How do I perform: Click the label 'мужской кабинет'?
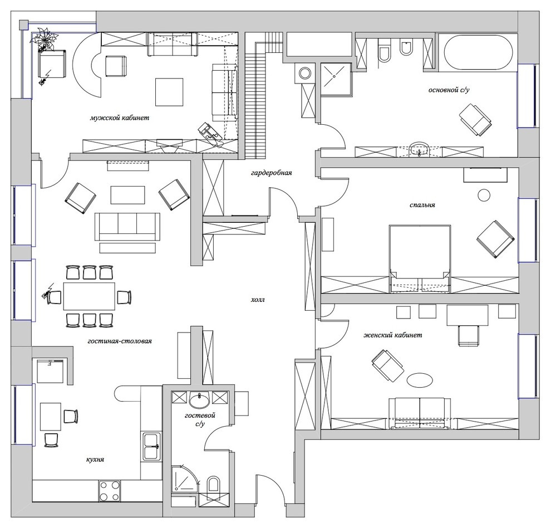point(119,118)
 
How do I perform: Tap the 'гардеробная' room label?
point(272,173)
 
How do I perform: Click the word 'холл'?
point(257,300)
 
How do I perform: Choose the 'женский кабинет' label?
point(392,335)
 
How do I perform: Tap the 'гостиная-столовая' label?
point(120,341)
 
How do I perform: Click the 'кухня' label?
point(96,460)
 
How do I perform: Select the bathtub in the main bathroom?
point(478,53)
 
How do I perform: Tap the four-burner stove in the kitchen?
point(110,491)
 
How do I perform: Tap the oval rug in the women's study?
point(420,381)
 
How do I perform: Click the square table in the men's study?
point(169,92)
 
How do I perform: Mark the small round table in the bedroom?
point(484,195)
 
